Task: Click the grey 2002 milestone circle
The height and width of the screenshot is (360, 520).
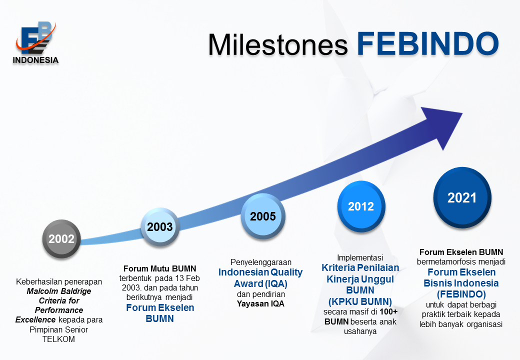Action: click(x=61, y=238)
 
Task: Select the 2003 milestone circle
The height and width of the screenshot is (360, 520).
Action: click(x=160, y=227)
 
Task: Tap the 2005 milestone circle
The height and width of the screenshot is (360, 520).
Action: click(x=263, y=216)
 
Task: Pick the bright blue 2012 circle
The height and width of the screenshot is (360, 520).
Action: click(x=361, y=206)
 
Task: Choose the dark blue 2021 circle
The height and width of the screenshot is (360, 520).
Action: click(x=462, y=197)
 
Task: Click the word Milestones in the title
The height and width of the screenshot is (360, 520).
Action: click(x=278, y=44)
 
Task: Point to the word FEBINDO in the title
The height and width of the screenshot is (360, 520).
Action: click(x=428, y=43)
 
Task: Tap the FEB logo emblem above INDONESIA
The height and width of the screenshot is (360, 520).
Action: click(x=35, y=38)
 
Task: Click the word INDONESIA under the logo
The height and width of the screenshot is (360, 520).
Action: click(x=35, y=60)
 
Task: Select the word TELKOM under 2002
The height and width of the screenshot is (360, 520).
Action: click(x=58, y=339)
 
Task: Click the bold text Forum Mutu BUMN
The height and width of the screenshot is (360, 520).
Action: click(x=160, y=268)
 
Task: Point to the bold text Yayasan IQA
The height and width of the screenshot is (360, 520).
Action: click(x=260, y=303)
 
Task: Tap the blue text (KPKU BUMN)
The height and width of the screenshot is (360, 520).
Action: click(x=360, y=301)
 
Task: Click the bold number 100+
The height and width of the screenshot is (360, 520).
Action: click(x=388, y=311)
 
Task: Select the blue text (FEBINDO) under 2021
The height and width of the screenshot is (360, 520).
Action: click(x=461, y=294)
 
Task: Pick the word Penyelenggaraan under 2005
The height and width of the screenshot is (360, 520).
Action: click(x=261, y=262)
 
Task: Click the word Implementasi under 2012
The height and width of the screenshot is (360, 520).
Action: click(x=360, y=257)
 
